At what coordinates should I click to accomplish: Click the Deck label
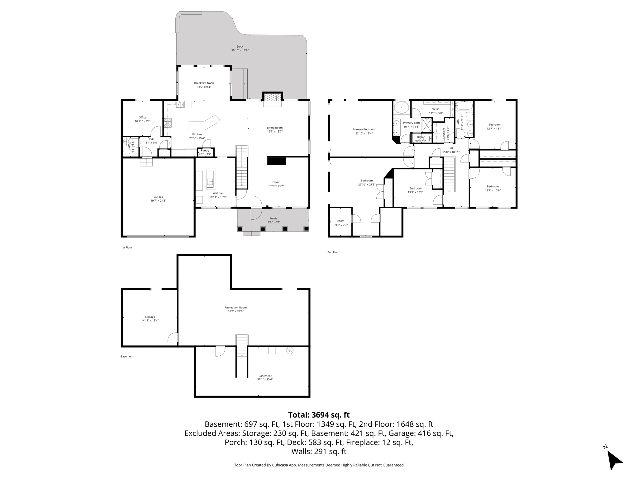point(240,47)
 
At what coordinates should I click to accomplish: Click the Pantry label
point(205,151)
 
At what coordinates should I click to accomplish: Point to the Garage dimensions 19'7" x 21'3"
point(158,201)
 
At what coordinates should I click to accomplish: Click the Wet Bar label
point(218,193)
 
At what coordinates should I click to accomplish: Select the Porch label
point(273,218)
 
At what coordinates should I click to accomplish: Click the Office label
point(142,118)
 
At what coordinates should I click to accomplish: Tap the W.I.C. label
point(436,109)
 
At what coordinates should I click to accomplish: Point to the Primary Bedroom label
point(364,129)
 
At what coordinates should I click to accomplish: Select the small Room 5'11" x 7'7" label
point(340,221)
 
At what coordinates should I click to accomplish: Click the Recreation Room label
point(236,307)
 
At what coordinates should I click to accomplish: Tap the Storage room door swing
point(173,338)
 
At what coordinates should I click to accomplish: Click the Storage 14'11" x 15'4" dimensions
point(150,321)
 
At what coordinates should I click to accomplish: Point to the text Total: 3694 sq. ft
point(319,415)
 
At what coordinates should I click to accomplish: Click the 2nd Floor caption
point(333,252)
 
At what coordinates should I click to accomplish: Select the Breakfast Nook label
point(204,83)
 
